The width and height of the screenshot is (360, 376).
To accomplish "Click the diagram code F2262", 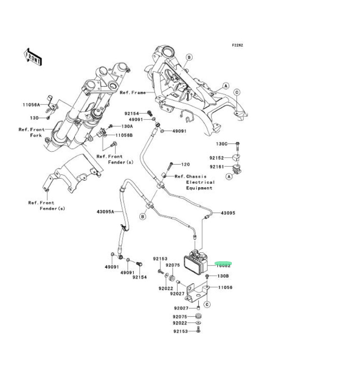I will [x=238, y=45].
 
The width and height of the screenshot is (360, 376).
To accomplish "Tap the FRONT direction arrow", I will [x=33, y=56].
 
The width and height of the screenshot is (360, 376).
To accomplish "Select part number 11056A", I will [x=31, y=104].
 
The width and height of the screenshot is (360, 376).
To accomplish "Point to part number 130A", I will [x=127, y=126].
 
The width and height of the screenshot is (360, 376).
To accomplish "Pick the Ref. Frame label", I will [x=133, y=92].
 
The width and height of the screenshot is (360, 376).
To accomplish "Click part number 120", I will [x=185, y=165].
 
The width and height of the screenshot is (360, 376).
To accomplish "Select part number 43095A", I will [x=105, y=211].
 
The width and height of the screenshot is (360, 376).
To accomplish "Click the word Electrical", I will [x=200, y=182].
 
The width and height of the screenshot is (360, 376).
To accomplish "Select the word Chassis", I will [x=197, y=176].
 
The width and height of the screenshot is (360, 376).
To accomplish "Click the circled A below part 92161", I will [x=229, y=176].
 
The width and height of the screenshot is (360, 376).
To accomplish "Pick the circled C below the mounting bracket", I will [x=207, y=305].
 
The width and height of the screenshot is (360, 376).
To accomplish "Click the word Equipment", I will [x=200, y=188].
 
